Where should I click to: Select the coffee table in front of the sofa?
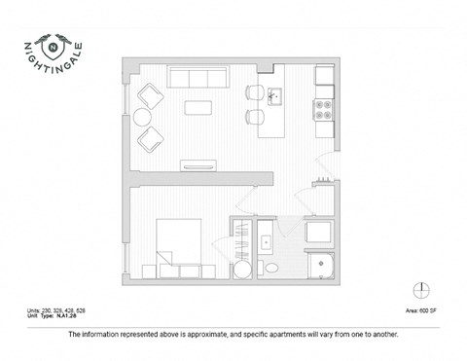pos(198,106)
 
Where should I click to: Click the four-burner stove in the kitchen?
pos(323,108)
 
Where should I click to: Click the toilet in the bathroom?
pos(273,267)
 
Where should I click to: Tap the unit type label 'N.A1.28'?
pos(63,314)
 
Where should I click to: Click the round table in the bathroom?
pos(242,270)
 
